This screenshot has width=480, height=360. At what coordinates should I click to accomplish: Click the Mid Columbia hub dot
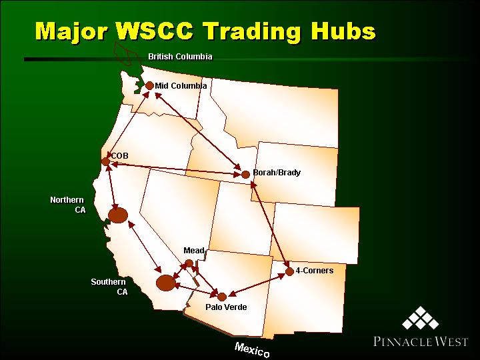(x=149, y=86)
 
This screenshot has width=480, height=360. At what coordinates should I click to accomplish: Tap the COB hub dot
(x=105, y=161)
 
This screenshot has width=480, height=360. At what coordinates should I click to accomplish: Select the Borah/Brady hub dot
(x=245, y=175)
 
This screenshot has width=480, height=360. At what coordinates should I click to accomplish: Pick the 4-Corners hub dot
(x=289, y=271)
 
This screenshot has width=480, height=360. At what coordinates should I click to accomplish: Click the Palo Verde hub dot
(x=222, y=297)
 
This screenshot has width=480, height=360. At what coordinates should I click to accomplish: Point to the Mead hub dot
(x=189, y=263)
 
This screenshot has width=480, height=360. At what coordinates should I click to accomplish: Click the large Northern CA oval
(x=118, y=215)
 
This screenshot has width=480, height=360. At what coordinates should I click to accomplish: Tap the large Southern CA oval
(x=166, y=283)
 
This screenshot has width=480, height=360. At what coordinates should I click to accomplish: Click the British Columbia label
(x=180, y=57)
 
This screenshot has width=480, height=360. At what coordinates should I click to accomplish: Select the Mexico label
(x=252, y=349)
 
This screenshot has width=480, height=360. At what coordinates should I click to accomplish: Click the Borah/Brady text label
(x=277, y=173)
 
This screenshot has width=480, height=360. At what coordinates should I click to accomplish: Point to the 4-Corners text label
(x=315, y=271)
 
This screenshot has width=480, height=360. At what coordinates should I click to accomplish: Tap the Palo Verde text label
(x=226, y=307)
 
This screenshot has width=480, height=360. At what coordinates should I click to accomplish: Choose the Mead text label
(x=194, y=251)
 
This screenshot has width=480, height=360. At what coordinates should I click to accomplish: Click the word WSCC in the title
(x=155, y=31)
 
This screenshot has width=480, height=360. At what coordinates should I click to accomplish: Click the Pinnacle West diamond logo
(x=421, y=318)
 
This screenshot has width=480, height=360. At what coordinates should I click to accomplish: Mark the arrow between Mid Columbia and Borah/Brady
(x=198, y=131)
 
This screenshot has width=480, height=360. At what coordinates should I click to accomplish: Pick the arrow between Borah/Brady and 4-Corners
(x=270, y=225)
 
